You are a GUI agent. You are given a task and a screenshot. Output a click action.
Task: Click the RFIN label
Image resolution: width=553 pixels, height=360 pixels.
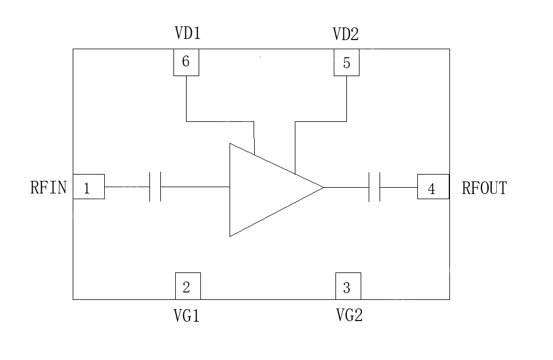click(49, 188)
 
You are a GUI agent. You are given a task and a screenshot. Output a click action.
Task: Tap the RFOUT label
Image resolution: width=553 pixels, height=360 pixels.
click(484, 188)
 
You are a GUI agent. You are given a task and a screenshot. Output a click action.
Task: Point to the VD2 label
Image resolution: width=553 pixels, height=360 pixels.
click(346, 35)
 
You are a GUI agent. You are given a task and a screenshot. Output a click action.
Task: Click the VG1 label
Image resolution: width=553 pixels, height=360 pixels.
click(187, 315)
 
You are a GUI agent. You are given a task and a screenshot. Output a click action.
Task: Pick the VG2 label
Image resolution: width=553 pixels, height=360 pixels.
click(349, 315)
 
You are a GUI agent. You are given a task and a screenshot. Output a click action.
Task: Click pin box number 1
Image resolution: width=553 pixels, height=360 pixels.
click(89, 187)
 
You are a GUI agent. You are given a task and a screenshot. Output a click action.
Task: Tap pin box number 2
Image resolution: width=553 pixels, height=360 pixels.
click(188, 286)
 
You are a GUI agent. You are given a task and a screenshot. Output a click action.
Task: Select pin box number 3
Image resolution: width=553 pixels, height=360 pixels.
click(348, 286)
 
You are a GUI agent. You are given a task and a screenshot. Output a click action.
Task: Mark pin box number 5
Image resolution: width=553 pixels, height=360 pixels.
click(346, 63)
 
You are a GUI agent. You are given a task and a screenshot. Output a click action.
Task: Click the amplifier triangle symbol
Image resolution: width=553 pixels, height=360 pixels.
click(266, 189)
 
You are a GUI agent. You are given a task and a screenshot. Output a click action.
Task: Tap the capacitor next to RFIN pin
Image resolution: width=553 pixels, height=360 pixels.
click(155, 187)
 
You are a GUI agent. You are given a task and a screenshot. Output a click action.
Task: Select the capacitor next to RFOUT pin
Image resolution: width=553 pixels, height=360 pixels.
click(375, 187)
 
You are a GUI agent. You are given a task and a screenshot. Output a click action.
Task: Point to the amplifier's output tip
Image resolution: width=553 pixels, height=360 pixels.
click(323, 187)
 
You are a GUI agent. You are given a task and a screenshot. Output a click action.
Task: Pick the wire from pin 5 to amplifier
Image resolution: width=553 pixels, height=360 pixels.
click(321, 121)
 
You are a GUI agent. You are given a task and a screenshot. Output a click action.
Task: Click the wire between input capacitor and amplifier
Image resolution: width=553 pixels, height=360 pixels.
click(195, 187)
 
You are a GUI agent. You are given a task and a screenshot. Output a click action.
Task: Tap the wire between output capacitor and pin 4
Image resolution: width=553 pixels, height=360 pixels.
click(398, 187)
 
